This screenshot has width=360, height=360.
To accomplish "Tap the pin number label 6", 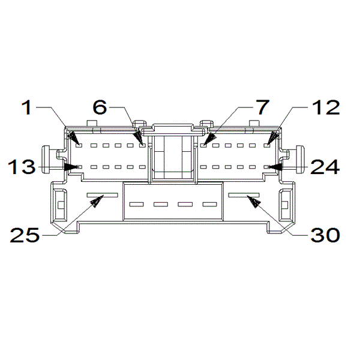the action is click(100, 107).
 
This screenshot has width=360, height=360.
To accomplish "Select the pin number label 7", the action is click(263, 107).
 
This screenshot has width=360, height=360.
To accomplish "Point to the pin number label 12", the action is click(326, 107).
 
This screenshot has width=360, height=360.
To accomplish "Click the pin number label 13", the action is click(22, 167).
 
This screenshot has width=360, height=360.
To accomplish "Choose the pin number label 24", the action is click(325, 167).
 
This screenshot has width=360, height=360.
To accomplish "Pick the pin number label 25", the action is click(25, 235).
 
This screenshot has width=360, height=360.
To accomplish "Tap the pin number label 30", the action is click(325, 235).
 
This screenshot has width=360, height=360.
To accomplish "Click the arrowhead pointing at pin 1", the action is click(74, 137).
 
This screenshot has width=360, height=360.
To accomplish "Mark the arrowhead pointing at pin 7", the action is click(209, 139).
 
